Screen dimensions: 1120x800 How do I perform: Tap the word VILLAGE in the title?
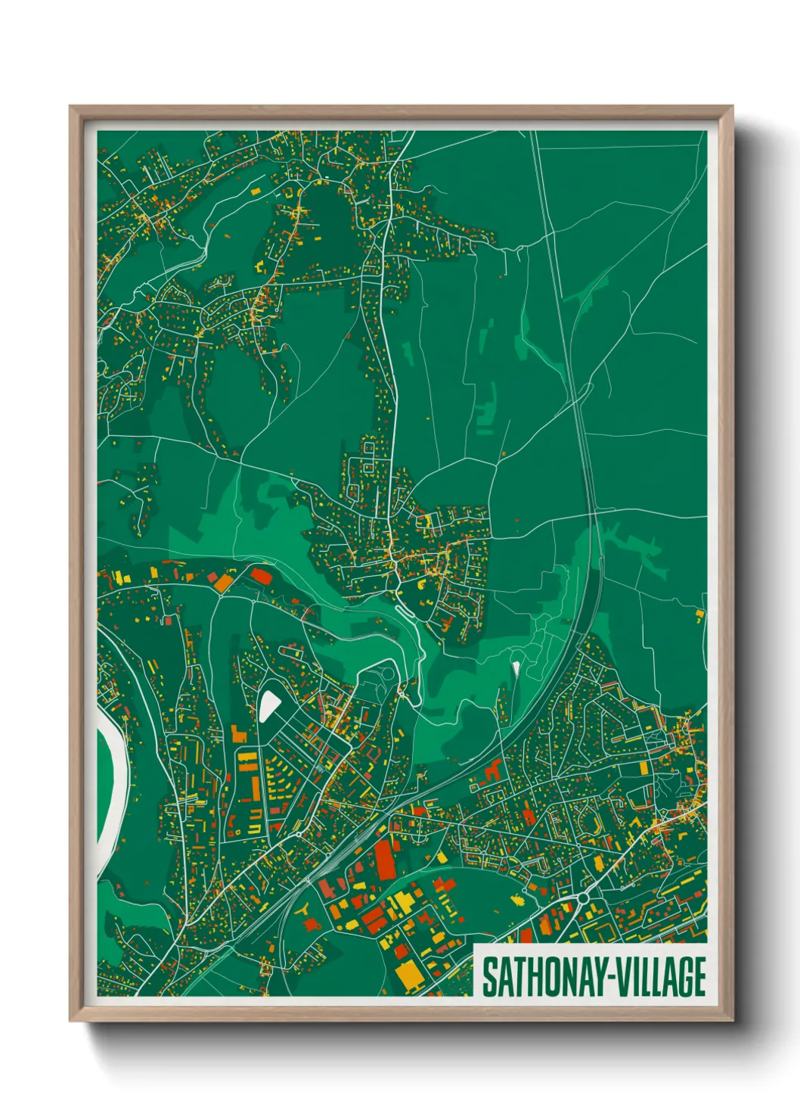point(661,977)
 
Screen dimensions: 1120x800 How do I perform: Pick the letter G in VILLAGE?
point(684,977)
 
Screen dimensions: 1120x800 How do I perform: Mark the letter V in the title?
point(622,977)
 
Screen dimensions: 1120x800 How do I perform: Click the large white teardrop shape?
point(268,705)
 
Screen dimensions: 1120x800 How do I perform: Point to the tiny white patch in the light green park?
point(516,667)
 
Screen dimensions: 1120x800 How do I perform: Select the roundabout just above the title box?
point(583,898)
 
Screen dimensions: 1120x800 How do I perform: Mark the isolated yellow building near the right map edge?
point(699,614)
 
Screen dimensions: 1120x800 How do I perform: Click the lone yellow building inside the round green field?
point(518,900)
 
